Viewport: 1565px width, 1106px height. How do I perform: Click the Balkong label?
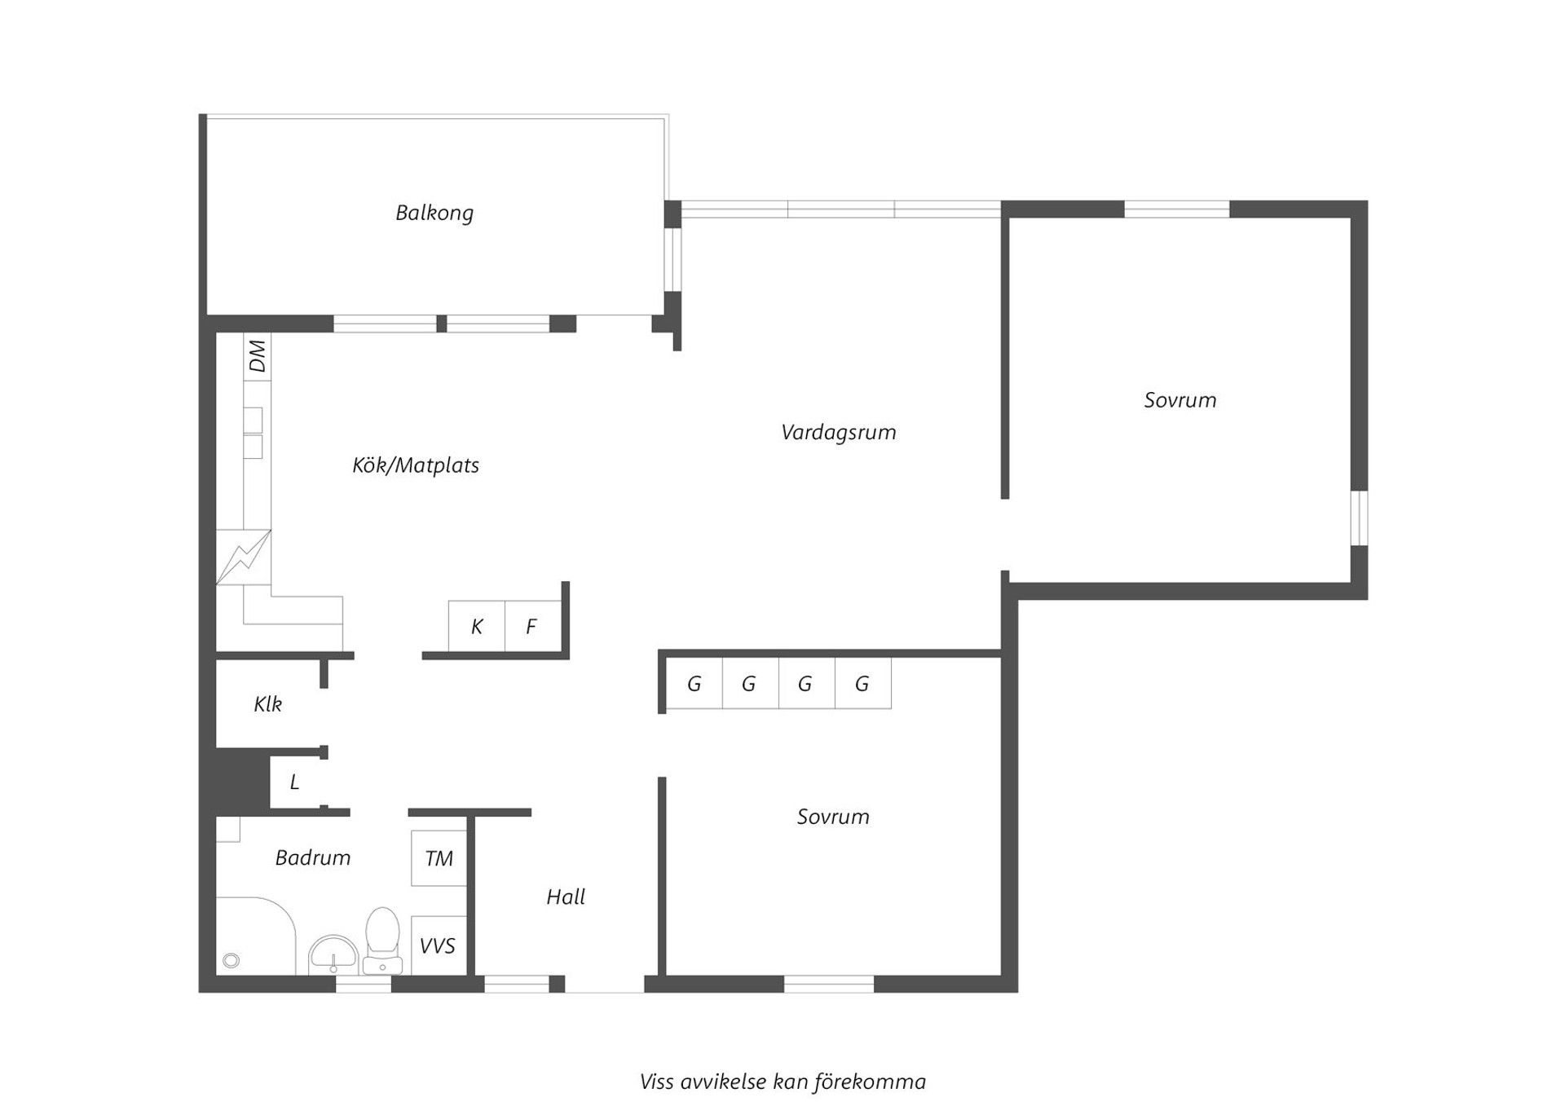tap(434, 213)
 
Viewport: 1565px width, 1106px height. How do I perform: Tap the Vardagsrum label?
tap(838, 432)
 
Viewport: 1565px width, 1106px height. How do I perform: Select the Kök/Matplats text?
tap(416, 465)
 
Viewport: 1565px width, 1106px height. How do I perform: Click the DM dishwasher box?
tap(258, 356)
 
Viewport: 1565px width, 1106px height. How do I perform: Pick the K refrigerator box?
tap(477, 626)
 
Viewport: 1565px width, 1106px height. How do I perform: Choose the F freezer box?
tap(532, 626)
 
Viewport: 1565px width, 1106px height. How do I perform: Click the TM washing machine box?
tap(439, 858)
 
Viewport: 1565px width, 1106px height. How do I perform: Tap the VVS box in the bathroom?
tap(438, 945)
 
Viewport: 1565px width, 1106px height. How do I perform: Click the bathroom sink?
tap(333, 954)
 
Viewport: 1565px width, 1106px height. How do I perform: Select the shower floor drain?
tap(231, 960)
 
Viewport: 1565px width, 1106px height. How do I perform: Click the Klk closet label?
tap(267, 704)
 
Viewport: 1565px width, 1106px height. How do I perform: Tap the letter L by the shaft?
tap(294, 782)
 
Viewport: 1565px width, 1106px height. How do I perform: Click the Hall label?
tap(566, 897)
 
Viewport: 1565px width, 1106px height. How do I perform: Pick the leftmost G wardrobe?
tap(694, 683)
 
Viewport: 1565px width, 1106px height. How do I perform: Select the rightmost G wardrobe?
tap(862, 683)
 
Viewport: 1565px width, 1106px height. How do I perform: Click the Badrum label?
tap(313, 857)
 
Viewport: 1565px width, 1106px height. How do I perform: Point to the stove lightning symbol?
tap(244, 557)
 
